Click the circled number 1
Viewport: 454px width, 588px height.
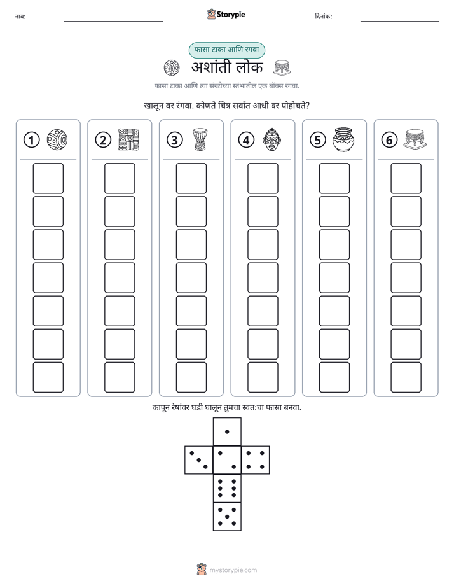(31, 140)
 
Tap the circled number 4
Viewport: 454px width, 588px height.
(246, 140)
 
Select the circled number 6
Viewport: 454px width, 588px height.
(389, 140)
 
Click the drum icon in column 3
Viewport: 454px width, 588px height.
(200, 139)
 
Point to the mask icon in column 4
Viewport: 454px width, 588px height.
(271, 139)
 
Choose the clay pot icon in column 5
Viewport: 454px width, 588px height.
(343, 139)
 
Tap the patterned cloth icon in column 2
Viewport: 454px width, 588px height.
(128, 139)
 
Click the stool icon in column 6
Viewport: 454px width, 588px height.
(415, 139)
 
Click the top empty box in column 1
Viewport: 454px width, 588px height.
(48, 178)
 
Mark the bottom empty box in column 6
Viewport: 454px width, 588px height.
(406, 377)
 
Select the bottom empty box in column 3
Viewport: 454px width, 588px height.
(191, 377)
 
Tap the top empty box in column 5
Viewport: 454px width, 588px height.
(334, 178)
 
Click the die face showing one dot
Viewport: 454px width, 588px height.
(227, 431)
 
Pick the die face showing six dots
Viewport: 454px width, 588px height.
(227, 488)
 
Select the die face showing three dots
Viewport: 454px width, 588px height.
(199, 460)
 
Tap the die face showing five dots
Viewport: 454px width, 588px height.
(227, 517)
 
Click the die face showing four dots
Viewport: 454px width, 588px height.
(256, 460)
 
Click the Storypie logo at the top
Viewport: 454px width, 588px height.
(226, 15)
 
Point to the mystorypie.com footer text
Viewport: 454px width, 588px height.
(233, 570)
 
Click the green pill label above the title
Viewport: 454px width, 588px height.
(227, 50)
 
